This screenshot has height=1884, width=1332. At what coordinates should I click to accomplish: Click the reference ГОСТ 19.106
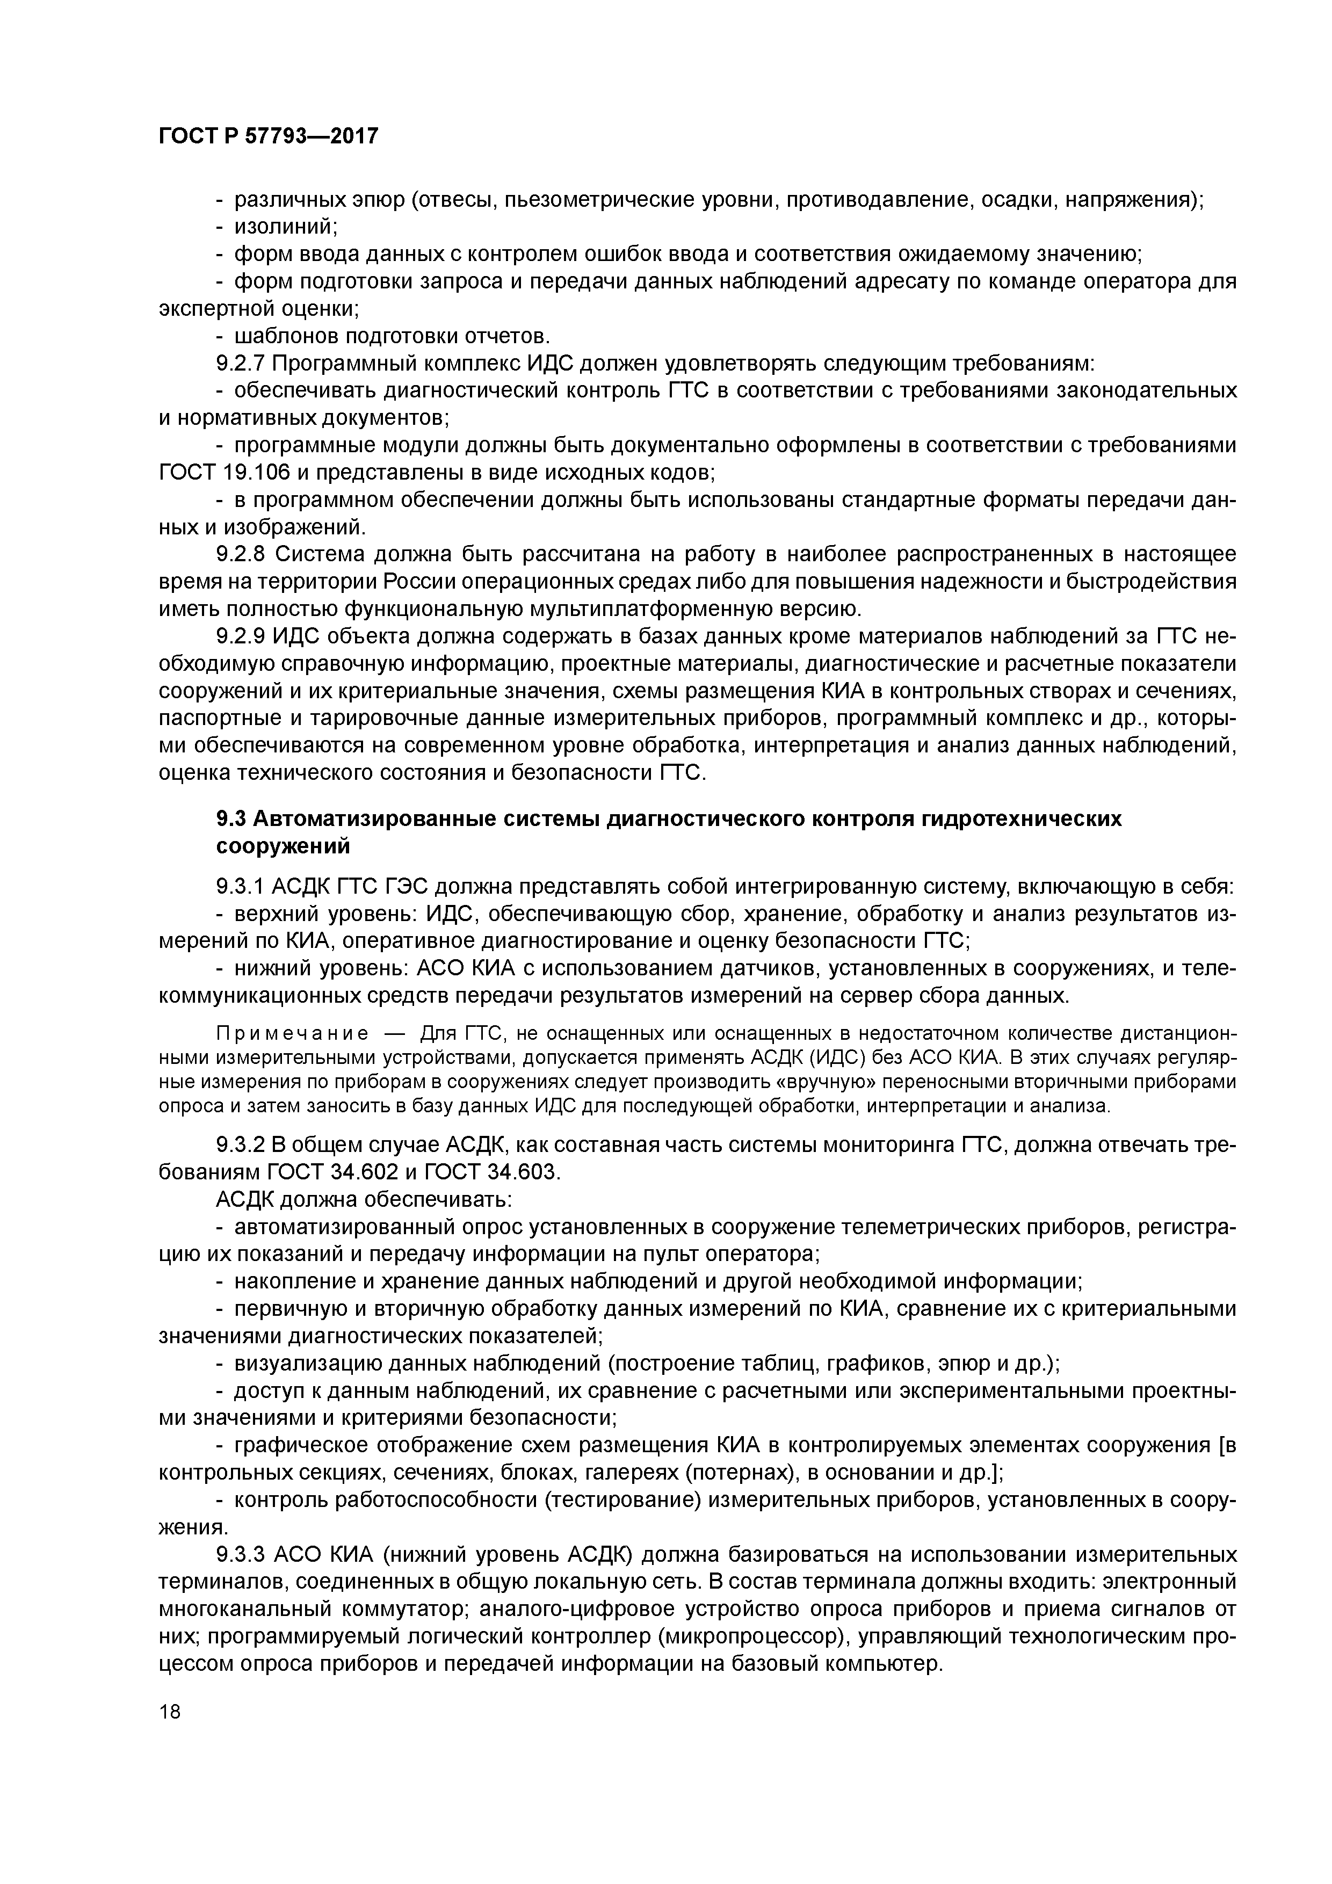213,473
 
